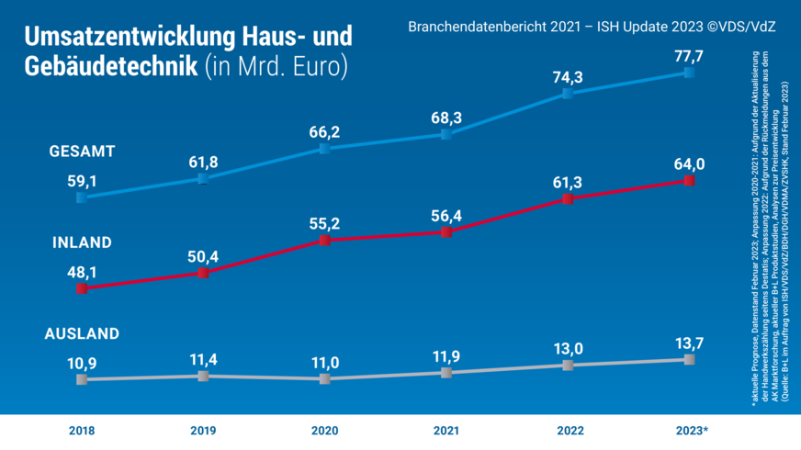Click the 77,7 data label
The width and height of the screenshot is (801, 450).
(689, 57)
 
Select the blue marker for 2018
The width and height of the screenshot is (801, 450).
(82, 197)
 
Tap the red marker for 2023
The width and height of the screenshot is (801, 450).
(689, 181)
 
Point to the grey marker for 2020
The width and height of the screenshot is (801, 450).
(324, 378)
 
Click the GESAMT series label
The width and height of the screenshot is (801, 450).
(80, 150)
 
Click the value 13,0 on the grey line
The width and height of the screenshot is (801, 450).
(567, 347)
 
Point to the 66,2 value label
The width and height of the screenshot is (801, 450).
(324, 132)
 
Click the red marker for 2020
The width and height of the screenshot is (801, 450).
(324, 241)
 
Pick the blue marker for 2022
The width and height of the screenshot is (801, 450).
(568, 94)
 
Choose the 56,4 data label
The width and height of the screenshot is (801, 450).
(446, 216)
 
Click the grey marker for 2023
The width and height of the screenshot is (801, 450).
(689, 359)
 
